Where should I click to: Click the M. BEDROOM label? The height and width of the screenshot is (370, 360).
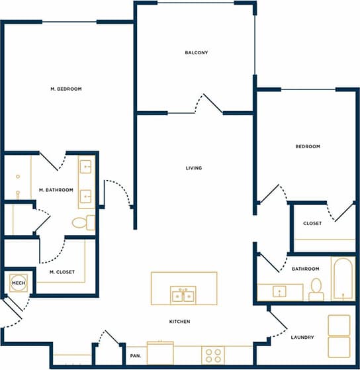[x=66, y=89]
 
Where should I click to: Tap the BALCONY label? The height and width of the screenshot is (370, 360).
[x=197, y=53]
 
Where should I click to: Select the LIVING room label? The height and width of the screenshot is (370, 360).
[x=194, y=168]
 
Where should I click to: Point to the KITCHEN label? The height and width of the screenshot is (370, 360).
[x=179, y=322]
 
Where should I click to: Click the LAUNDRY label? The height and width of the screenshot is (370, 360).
[x=302, y=338]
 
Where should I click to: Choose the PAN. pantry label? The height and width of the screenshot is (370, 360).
[x=136, y=356]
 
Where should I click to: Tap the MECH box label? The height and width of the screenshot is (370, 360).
[x=18, y=283]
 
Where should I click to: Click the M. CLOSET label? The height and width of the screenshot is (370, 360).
[x=62, y=272]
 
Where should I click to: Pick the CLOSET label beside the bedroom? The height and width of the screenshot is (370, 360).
[x=312, y=223]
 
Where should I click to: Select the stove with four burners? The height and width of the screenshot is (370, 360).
[x=213, y=355]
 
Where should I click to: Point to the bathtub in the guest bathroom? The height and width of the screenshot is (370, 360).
[x=343, y=278]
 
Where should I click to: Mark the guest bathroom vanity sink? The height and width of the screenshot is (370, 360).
[x=281, y=291]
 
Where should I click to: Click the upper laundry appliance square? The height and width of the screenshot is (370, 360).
[x=339, y=325]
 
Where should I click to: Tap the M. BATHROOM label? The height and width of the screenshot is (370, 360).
[x=56, y=190]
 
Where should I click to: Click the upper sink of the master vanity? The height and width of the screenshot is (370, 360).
[x=87, y=165]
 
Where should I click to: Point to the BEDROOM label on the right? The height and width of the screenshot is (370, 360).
[x=308, y=146]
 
